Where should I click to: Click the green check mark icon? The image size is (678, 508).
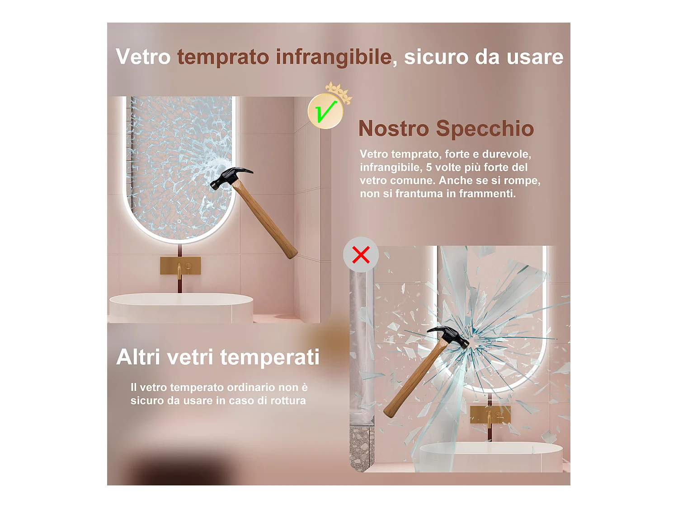[325, 111]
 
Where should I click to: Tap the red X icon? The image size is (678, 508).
[361, 255]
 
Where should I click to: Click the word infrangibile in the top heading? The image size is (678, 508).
[334, 57]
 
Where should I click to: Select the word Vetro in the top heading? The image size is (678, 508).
[143, 57]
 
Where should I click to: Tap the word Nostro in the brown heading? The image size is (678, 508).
[393, 129]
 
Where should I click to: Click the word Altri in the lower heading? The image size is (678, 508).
[138, 357]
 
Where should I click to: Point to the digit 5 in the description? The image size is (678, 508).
[428, 168]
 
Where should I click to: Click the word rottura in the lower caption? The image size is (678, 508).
[288, 401]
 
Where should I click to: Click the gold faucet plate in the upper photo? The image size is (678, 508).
[180, 266]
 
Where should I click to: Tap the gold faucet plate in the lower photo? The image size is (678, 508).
[490, 414]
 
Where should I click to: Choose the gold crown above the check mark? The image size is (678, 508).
[338, 92]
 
